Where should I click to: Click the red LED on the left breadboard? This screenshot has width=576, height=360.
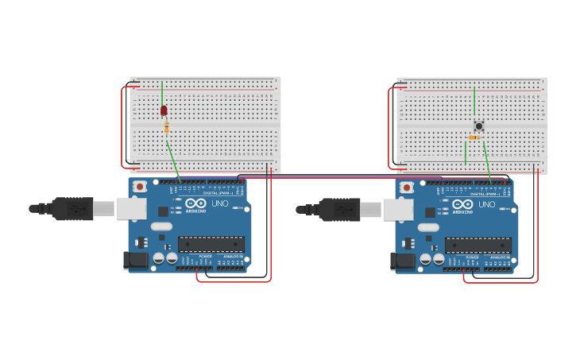[x=164, y=111]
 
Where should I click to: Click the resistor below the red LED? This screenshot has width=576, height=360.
[x=166, y=127]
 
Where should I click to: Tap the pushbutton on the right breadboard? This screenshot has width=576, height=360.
[x=479, y=126]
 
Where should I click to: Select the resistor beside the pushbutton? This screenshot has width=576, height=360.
[x=474, y=137]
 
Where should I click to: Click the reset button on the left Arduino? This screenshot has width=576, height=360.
[x=140, y=187]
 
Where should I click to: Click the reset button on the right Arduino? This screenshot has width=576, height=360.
[x=407, y=187]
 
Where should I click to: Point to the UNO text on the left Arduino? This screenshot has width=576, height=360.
[x=219, y=204]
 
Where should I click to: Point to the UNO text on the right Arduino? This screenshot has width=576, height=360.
[x=486, y=204]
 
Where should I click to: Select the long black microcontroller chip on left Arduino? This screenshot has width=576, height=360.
[x=206, y=244]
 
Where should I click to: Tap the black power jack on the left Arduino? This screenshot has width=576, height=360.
[x=136, y=260]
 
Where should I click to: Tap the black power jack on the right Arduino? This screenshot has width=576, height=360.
[x=403, y=260]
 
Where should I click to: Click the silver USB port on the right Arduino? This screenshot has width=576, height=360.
[x=398, y=208]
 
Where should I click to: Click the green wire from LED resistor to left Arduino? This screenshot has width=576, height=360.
[x=172, y=159]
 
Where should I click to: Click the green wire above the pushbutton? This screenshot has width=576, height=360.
[x=474, y=102]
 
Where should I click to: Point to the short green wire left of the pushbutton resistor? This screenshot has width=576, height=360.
[x=466, y=153]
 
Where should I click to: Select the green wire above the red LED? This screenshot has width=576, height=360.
[x=162, y=91]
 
